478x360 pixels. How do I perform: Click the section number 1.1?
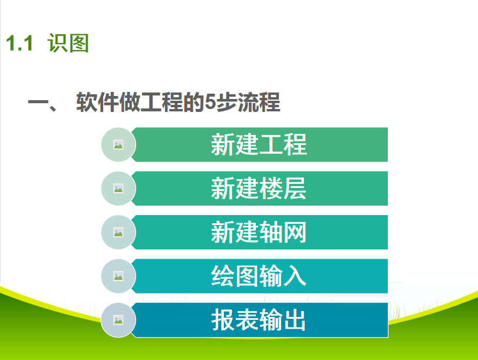click(x=19, y=43)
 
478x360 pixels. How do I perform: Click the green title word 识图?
click(x=68, y=43)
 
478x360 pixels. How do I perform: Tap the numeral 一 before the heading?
click(x=38, y=102)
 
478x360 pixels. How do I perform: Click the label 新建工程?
click(x=259, y=144)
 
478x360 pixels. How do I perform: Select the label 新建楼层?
click(x=259, y=189)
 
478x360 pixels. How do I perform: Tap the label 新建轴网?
click(x=259, y=232)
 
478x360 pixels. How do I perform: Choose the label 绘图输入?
click(x=259, y=276)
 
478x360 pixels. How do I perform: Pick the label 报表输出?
click(x=259, y=320)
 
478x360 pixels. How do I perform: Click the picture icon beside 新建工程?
click(x=118, y=144)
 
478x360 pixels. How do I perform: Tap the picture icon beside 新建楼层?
click(x=118, y=189)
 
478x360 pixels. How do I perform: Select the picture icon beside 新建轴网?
click(x=118, y=232)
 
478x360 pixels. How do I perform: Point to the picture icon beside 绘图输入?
click(x=118, y=276)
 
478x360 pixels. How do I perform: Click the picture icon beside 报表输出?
click(x=118, y=320)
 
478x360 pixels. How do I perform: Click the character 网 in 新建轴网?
click(x=295, y=232)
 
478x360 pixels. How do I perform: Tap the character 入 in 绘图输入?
click(x=295, y=276)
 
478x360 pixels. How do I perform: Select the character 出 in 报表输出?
click(x=295, y=320)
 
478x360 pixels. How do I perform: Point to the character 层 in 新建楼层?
click(x=295, y=189)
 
